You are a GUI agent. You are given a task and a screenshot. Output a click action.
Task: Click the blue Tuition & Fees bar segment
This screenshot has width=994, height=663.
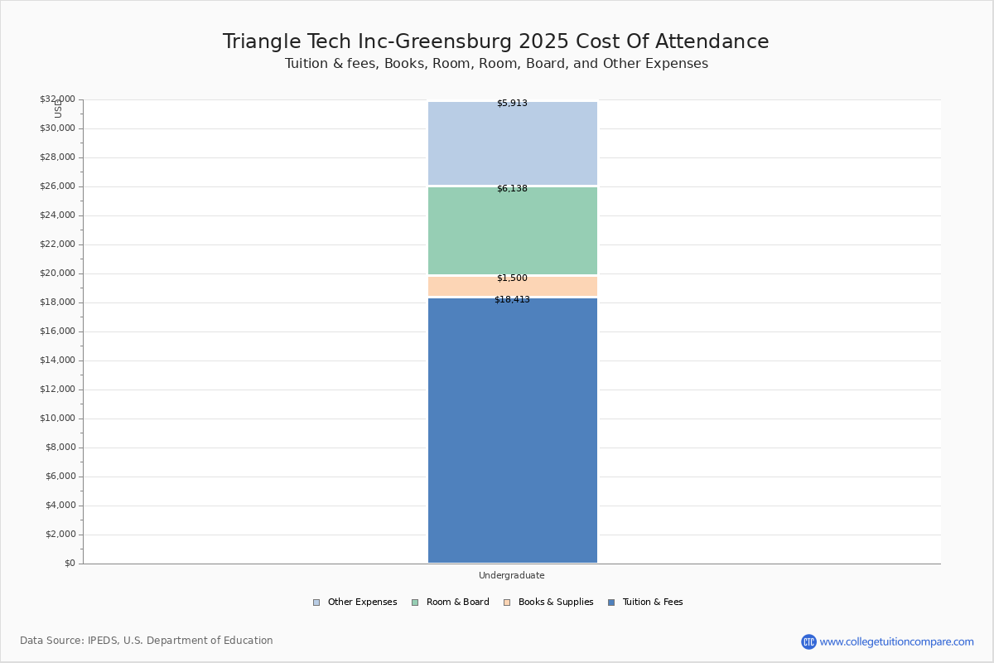tap(512, 431)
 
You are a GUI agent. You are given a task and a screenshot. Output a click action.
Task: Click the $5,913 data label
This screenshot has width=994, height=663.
tap(512, 104)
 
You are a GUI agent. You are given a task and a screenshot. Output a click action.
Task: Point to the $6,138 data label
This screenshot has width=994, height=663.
tap(512, 189)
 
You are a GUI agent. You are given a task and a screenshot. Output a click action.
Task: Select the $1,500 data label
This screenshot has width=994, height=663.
tap(512, 278)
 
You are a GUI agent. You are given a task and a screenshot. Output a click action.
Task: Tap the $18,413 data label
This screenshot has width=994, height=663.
tap(512, 300)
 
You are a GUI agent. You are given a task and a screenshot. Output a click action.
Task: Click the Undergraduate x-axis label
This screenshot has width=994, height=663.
tap(512, 576)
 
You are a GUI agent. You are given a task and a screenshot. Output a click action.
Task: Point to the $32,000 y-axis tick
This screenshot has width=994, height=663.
tap(57, 99)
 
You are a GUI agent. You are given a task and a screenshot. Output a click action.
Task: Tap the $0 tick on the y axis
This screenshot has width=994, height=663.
tap(70, 564)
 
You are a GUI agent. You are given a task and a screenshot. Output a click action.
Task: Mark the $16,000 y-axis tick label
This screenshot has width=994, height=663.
tap(57, 331)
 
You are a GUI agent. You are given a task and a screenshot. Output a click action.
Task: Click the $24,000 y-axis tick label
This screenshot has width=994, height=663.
tap(57, 215)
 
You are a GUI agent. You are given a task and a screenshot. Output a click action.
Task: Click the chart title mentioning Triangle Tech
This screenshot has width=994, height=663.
tap(495, 42)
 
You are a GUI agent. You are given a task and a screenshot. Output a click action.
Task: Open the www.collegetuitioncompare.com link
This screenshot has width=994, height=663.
tap(896, 641)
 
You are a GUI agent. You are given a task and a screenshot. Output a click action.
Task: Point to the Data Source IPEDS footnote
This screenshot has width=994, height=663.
tap(147, 641)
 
